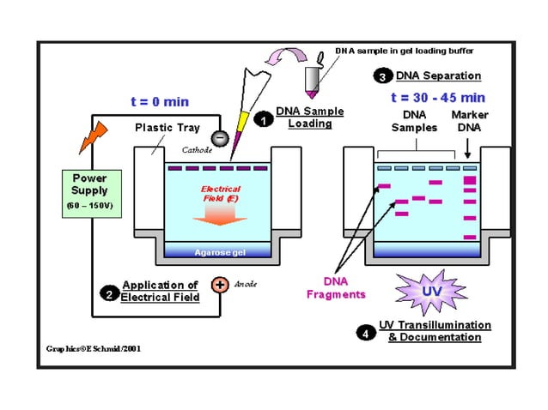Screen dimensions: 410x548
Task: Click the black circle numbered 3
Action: [x=382, y=76]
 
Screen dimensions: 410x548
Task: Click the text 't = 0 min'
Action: [x=160, y=102]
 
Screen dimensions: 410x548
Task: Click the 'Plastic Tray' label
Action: [x=167, y=128]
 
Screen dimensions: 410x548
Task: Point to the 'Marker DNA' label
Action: [x=470, y=121]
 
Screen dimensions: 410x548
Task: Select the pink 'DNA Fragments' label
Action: [x=336, y=288]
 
